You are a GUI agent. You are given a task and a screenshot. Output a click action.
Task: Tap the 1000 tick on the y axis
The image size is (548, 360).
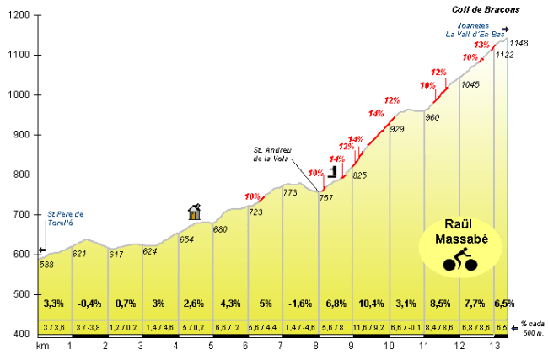pyautogui.click(x=19, y=94)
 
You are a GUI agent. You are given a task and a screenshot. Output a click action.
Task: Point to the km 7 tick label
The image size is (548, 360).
pyautogui.click(x=281, y=346)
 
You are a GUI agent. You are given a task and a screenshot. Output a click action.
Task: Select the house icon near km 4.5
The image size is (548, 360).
pyautogui.click(x=195, y=211)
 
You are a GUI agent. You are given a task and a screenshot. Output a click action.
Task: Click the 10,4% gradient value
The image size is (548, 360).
pyautogui.click(x=372, y=303)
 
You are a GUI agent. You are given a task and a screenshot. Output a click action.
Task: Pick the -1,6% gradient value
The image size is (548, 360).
pyautogui.click(x=301, y=303)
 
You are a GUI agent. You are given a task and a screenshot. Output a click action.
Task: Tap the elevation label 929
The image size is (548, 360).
pyautogui.click(x=397, y=129)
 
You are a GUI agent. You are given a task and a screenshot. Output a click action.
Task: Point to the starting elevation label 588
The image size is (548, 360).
pyautogui.click(x=47, y=265)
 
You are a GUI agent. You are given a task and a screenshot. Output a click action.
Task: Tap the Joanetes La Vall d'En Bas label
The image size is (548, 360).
pyautogui.click(x=475, y=30)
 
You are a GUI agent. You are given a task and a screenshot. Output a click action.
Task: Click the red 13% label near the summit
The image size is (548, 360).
pyautogui.click(x=481, y=45)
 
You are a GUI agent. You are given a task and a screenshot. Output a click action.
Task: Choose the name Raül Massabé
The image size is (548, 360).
pyautogui.click(x=459, y=232)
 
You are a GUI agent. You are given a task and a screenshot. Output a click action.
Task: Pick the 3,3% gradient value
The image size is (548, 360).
pyautogui.click(x=54, y=303)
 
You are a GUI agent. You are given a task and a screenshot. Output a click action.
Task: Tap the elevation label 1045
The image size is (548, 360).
pyautogui.click(x=470, y=84)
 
